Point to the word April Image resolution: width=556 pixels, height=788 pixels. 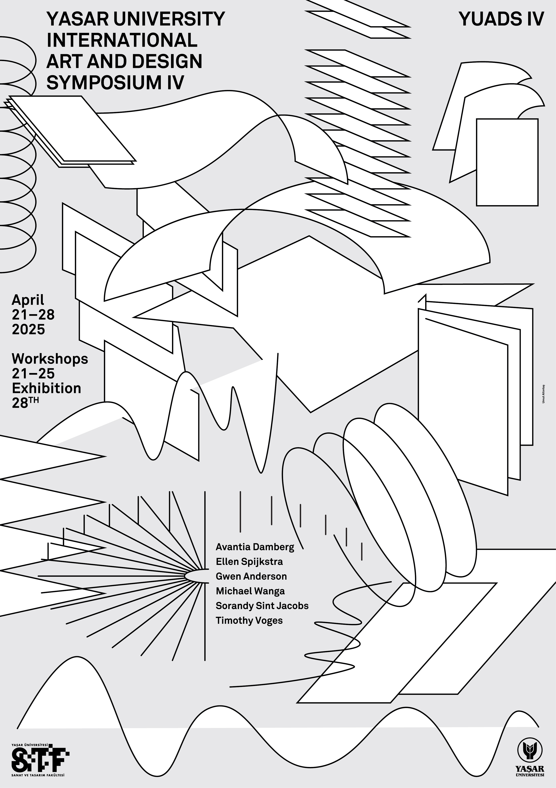pos(28,300)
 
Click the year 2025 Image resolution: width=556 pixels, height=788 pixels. pos(28,329)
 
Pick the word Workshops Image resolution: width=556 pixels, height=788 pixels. pos(50,359)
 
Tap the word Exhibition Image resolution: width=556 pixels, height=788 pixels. pos(46,388)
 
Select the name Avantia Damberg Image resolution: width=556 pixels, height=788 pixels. pos(255,547)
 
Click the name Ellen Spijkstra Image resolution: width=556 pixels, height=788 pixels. pos(249,562)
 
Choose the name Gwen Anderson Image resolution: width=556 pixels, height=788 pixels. pos(251,576)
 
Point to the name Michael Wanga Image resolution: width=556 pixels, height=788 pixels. pos(250,591)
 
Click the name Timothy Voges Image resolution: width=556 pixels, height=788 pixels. pos(249,620)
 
